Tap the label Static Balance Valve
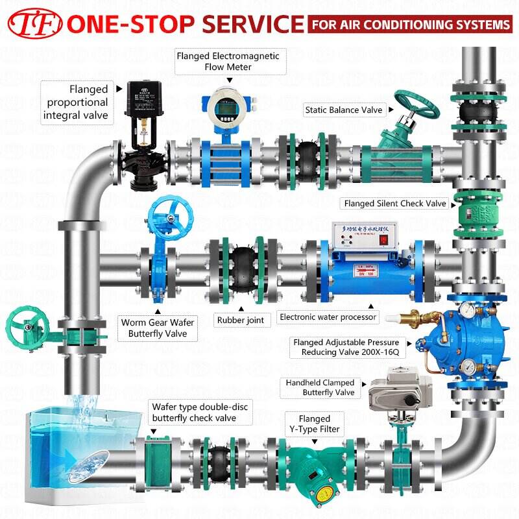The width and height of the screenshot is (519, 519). click(x=344, y=110)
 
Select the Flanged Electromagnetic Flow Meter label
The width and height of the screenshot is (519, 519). click(x=228, y=62)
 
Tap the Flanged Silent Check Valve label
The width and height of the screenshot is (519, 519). click(x=395, y=204)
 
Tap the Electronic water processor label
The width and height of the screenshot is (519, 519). click(x=327, y=317)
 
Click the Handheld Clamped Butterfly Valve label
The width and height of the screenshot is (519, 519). click(x=320, y=388)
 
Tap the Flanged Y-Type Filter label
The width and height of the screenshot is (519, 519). click(x=314, y=424)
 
